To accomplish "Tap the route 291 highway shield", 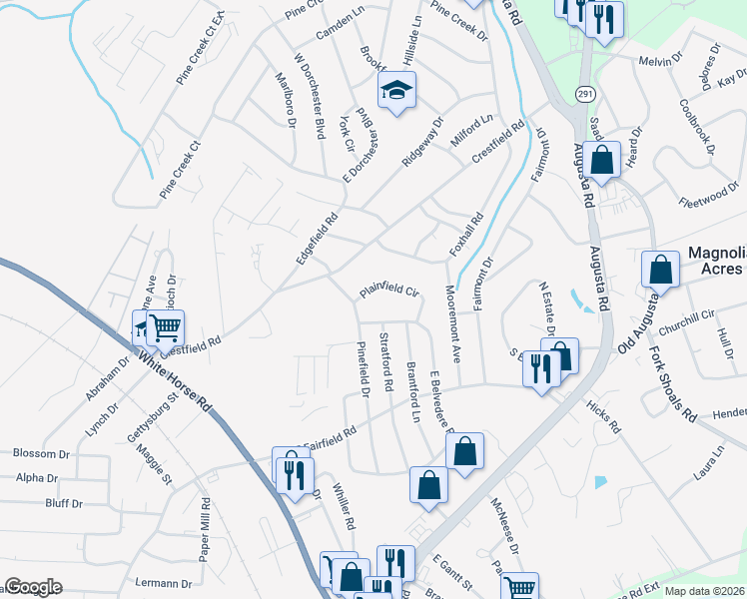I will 582,93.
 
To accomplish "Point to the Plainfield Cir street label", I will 387,291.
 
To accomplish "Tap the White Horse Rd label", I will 176,382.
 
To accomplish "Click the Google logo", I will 33,586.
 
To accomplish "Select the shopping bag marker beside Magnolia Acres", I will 660,269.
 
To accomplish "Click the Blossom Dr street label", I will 40,452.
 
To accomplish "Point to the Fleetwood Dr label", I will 707,201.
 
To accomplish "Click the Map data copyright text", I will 704,591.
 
